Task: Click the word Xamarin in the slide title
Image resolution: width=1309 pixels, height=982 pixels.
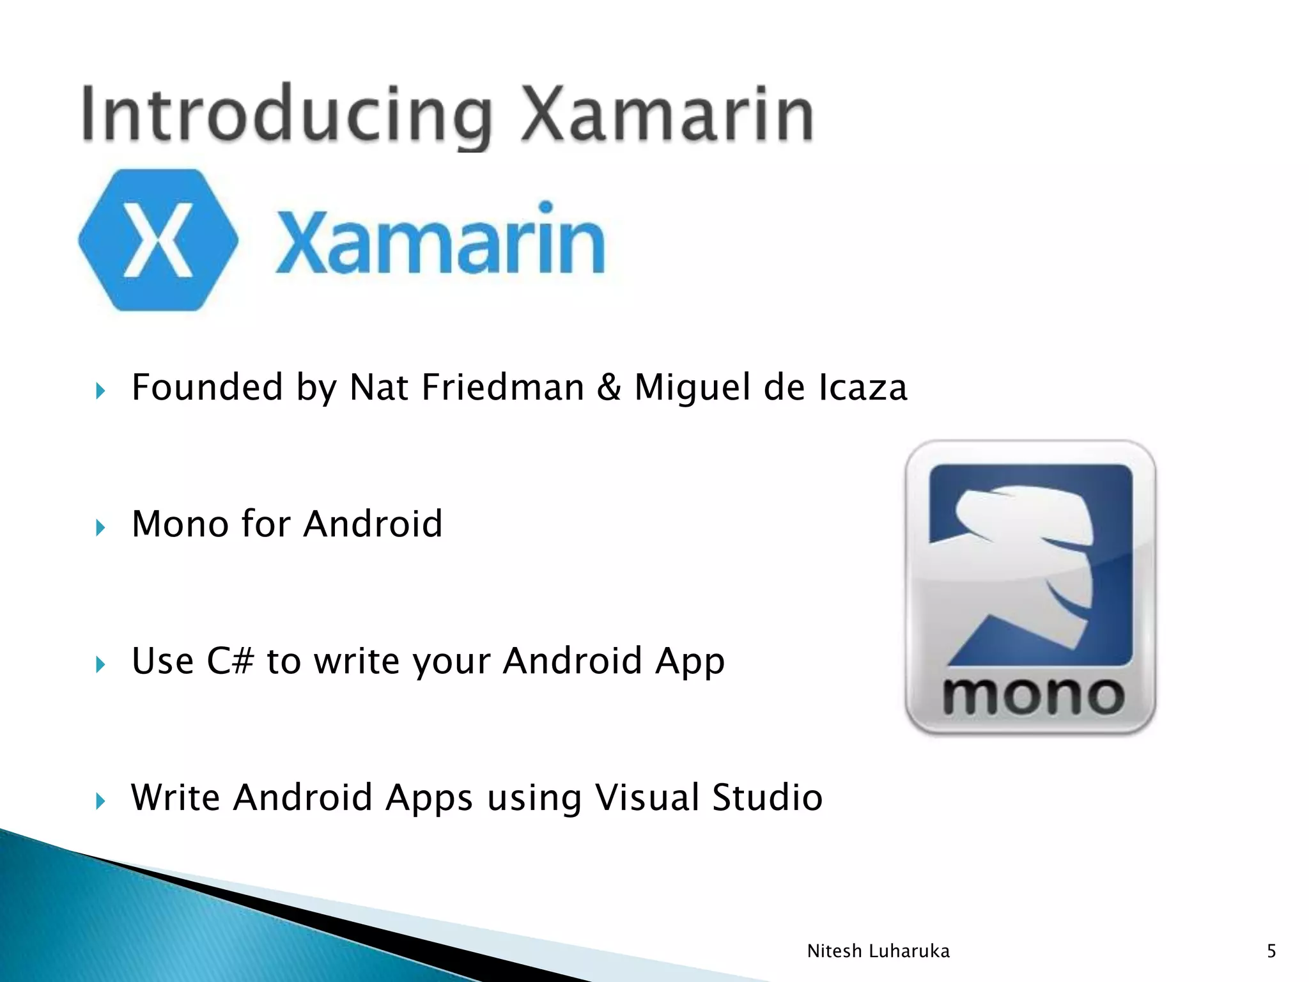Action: click(667, 115)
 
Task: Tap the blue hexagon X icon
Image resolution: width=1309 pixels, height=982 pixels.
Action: click(158, 240)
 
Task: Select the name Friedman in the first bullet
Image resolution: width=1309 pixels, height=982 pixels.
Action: click(502, 387)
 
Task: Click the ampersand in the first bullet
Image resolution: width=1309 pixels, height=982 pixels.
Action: click(608, 387)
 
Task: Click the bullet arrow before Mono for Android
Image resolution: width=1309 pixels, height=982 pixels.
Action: click(100, 527)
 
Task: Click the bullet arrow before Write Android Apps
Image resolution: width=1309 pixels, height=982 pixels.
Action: click(100, 800)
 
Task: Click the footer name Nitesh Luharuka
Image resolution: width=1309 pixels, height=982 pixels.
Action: click(878, 951)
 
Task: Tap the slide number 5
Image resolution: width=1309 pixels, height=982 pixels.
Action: click(1271, 951)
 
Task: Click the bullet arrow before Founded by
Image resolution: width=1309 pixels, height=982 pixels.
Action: click(100, 391)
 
